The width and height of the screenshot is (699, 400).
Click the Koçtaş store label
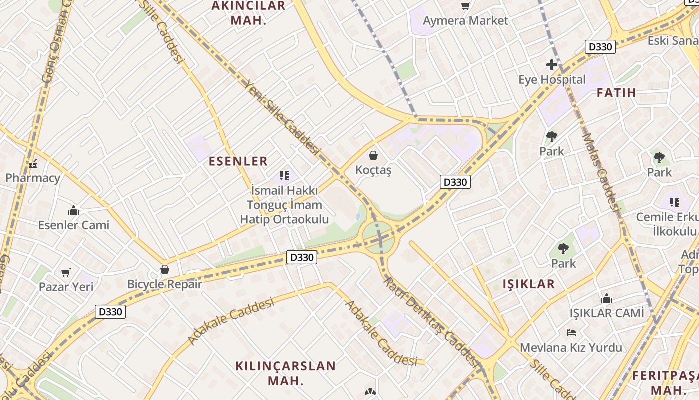(x=373, y=170)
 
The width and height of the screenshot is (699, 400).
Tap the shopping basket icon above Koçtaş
(x=373, y=155)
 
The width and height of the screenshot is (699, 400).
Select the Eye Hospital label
(x=552, y=79)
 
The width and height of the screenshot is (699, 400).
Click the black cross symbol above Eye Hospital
(x=551, y=64)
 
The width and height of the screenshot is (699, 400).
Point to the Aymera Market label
(x=465, y=20)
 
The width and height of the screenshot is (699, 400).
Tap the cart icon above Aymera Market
(x=465, y=6)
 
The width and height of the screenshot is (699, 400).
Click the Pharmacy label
(x=33, y=178)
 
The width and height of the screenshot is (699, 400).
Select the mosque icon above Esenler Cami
(x=74, y=210)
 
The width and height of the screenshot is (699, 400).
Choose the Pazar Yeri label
(x=66, y=287)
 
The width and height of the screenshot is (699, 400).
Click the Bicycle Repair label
(x=165, y=284)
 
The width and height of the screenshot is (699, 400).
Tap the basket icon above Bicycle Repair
(x=165, y=270)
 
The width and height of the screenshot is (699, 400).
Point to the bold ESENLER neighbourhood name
(x=238, y=161)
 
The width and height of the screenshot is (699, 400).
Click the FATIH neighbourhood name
(x=616, y=92)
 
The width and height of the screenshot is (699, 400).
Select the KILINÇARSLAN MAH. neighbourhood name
(x=286, y=373)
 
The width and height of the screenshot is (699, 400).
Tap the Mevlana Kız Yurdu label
(x=571, y=347)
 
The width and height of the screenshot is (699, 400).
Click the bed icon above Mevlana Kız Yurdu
(x=571, y=332)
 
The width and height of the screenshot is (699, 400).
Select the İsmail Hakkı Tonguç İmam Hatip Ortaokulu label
(x=284, y=205)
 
